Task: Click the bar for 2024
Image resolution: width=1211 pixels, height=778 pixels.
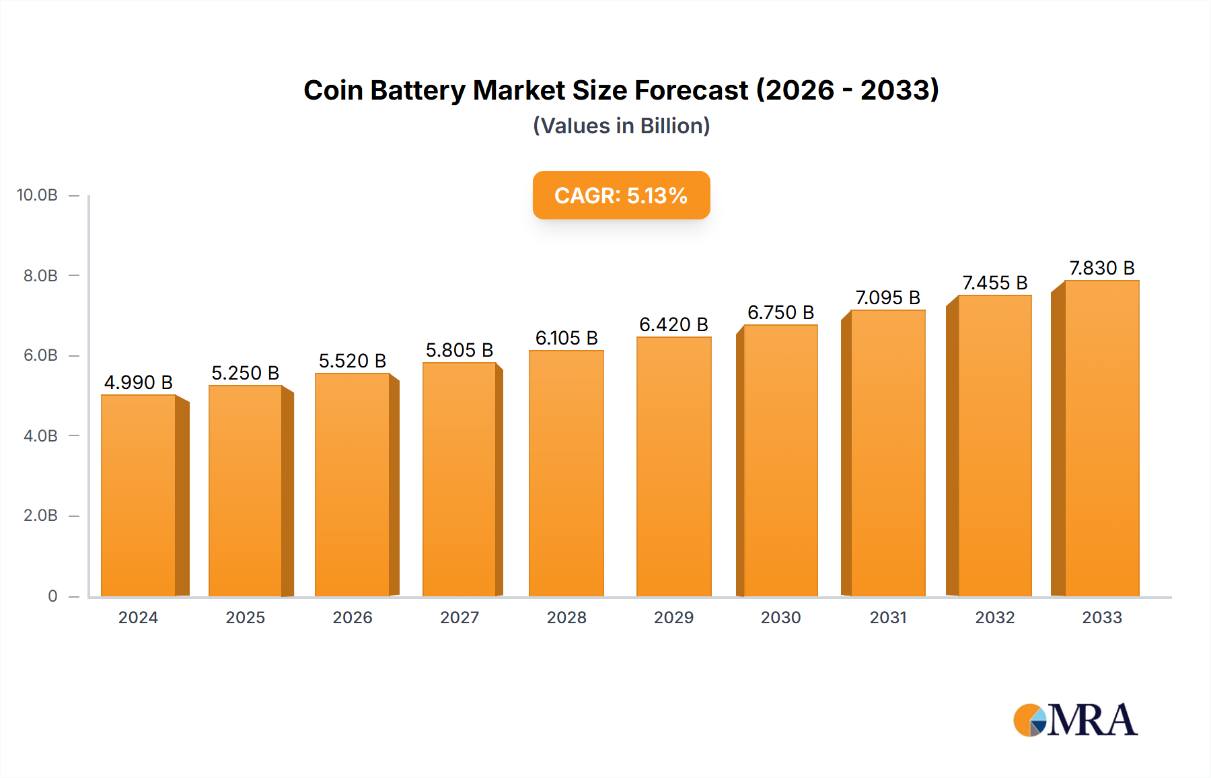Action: (x=139, y=495)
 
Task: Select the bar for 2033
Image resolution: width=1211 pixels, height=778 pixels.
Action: (x=1101, y=438)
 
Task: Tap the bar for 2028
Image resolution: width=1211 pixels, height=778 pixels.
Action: (x=566, y=473)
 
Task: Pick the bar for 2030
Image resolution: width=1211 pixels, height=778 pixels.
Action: (x=780, y=460)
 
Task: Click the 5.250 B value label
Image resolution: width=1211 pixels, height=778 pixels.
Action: (x=245, y=373)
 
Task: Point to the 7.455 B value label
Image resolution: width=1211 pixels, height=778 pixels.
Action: (x=994, y=283)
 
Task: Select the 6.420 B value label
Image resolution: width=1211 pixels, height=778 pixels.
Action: (x=673, y=324)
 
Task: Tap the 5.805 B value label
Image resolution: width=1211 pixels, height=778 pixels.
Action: (x=460, y=350)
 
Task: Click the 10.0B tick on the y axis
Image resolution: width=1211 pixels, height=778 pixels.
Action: (x=38, y=195)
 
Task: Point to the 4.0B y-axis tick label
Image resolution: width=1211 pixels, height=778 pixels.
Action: (x=40, y=435)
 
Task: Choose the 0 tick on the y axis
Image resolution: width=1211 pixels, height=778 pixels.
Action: (x=52, y=596)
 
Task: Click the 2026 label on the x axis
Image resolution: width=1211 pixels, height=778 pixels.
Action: (x=353, y=617)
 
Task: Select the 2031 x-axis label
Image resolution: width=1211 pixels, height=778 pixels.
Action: (x=888, y=617)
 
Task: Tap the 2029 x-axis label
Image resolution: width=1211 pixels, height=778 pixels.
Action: (x=673, y=617)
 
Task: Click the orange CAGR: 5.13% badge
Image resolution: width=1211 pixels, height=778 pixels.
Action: (x=621, y=195)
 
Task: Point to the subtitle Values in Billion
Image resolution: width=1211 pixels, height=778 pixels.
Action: (x=621, y=126)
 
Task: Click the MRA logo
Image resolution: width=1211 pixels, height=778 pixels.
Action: (x=1075, y=720)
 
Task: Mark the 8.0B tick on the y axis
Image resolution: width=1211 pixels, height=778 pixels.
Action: (x=40, y=275)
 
